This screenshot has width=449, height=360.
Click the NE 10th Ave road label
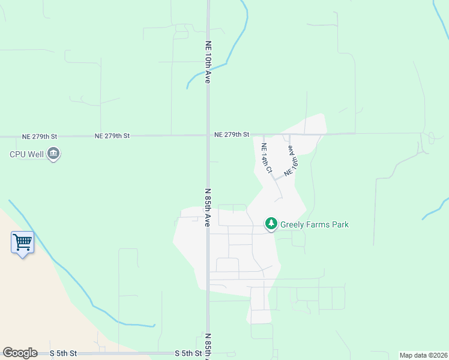208,62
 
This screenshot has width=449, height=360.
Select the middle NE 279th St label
112,136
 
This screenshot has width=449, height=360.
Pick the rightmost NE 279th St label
231,135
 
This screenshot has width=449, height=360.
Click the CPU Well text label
27,154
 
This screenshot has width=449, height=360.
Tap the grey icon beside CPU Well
53,154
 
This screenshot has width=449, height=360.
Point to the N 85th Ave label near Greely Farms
208,208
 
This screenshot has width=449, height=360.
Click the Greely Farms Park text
314,225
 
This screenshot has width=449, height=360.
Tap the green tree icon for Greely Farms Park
271,224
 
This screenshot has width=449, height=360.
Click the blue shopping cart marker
22,243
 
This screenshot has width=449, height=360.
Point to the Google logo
20,353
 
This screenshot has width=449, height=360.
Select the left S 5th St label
63,353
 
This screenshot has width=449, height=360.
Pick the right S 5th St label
188,353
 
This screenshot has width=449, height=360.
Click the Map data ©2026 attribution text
423,355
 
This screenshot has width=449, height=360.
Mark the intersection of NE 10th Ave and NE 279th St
208,136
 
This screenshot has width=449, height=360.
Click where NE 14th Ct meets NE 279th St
263,135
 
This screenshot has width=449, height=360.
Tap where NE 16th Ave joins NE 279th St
289,134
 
